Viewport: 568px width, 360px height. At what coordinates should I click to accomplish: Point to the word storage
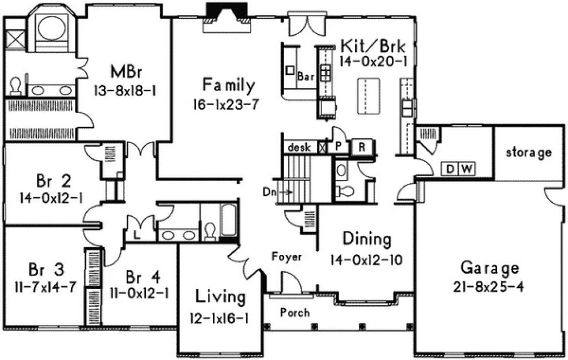[x=528, y=152]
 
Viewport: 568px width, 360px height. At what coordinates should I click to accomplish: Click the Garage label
[x=489, y=267]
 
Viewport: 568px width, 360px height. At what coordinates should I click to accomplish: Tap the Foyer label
[x=287, y=257]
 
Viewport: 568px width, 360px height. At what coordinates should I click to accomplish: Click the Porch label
[x=295, y=313]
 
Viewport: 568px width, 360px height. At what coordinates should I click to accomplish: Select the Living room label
[x=220, y=297]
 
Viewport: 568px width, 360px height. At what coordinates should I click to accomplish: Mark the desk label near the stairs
[x=298, y=147]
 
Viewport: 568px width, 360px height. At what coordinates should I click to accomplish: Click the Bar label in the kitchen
[x=306, y=77]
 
